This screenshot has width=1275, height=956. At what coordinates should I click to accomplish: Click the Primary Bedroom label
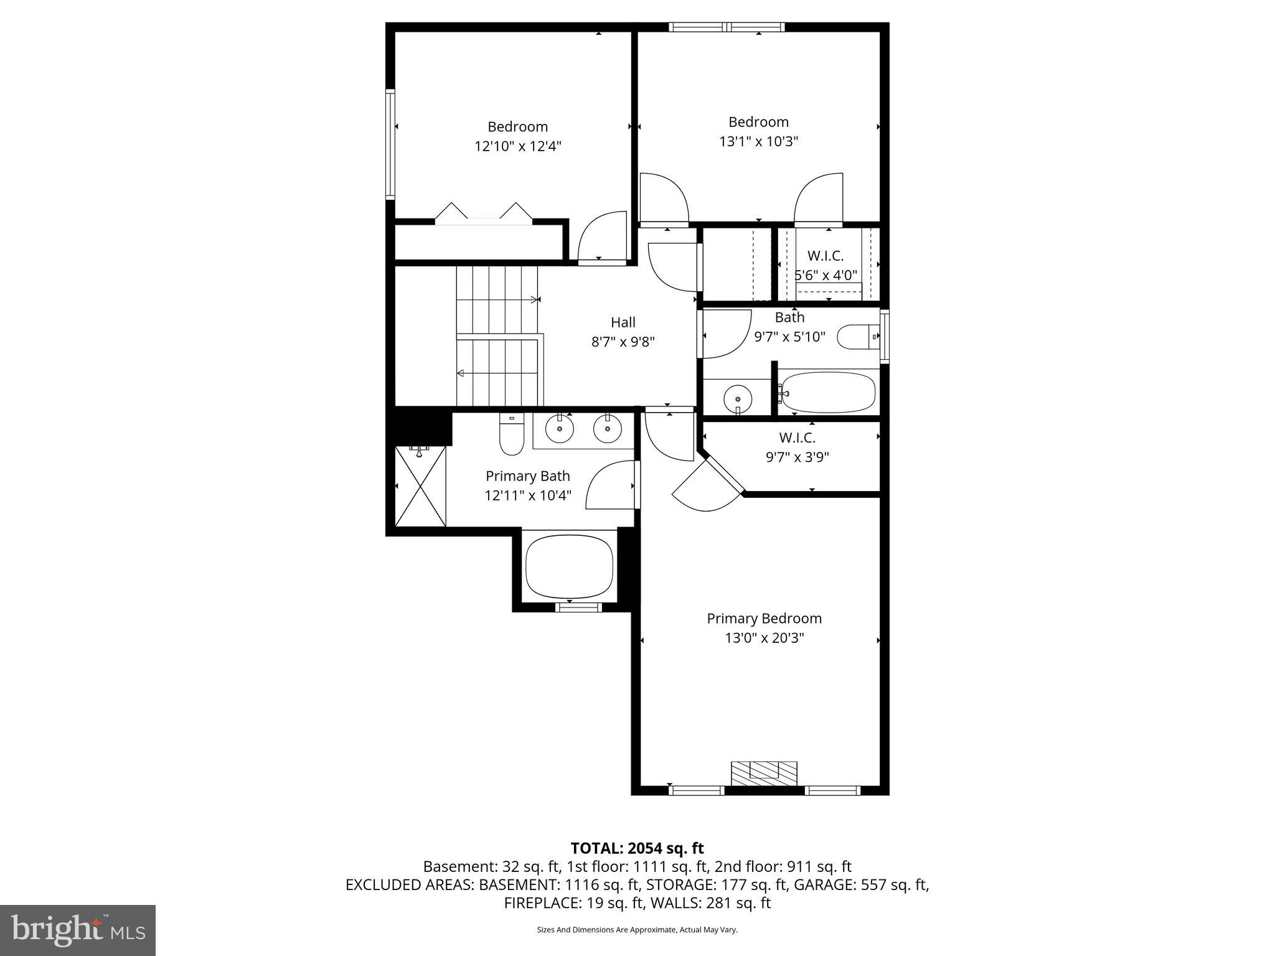pos(764,618)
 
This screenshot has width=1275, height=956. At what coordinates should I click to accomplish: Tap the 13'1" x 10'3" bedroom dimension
pos(758,141)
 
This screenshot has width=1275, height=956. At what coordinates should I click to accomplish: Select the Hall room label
pos(623,322)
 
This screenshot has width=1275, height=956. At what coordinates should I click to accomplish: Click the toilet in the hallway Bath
pos(858,337)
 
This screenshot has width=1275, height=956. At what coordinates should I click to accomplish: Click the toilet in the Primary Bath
pos(511,436)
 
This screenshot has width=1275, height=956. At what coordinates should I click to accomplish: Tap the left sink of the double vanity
pos(559,428)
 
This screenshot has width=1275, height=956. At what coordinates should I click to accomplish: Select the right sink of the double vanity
pos(607,428)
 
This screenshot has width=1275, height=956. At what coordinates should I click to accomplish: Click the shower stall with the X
pos(421,486)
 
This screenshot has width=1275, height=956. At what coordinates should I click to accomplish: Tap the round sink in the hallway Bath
pos(738,397)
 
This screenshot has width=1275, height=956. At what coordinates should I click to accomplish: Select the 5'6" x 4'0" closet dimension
pos(826,275)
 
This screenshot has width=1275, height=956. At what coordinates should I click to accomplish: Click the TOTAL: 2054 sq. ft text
pos(637,848)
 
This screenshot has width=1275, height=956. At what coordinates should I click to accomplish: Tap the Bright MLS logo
pos(77,930)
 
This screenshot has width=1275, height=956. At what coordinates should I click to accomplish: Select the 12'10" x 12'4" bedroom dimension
pos(517,146)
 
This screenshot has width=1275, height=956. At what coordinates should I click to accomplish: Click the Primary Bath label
pos(527,476)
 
